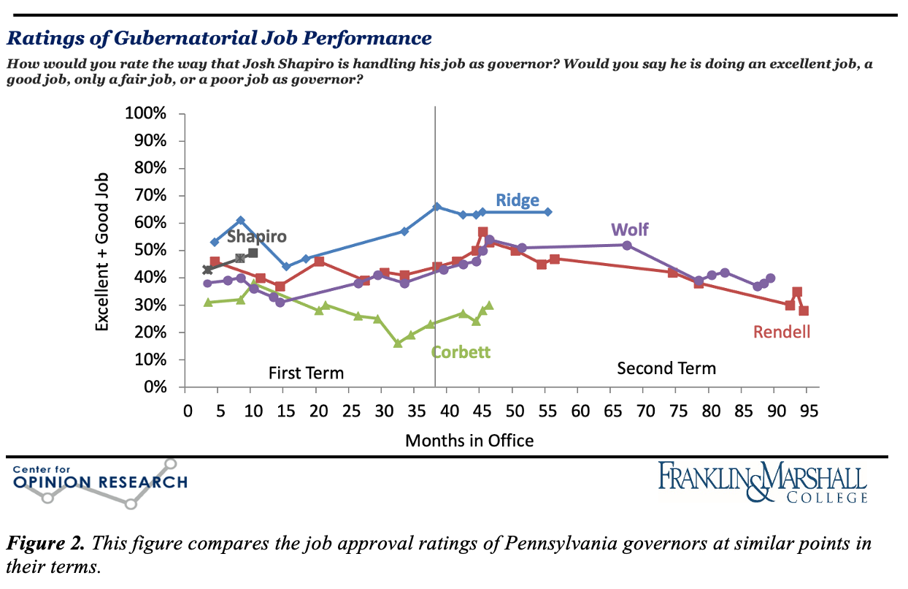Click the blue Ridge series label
coord(518,200)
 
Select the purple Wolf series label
coord(630,230)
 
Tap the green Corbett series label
coord(461,351)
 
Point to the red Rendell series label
coord(782,332)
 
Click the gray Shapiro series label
coord(256,236)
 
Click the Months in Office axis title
coord(469,441)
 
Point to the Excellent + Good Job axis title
coord(103,251)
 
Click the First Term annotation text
coord(306,373)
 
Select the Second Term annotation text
coord(666,368)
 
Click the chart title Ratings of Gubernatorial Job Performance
coord(220,38)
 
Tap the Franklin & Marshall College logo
coord(763,482)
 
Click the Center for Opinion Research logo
coord(100,482)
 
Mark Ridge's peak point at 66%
coord(436,207)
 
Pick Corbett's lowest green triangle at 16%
coord(398,343)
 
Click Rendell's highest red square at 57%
coord(482,232)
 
